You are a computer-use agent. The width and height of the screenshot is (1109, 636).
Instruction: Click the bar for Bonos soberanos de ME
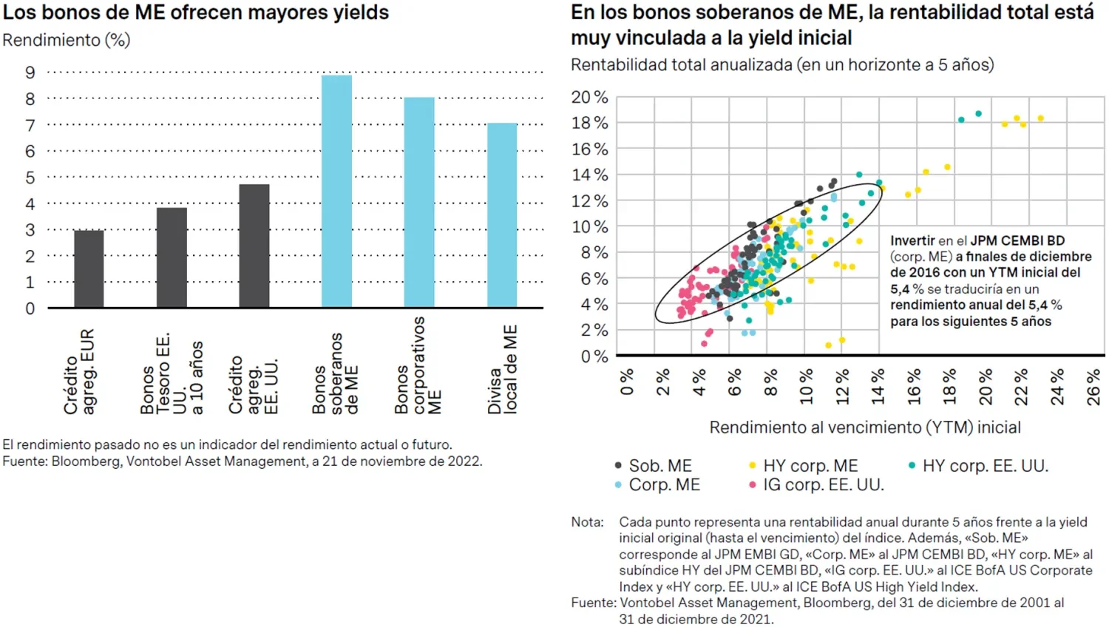pos(336,192)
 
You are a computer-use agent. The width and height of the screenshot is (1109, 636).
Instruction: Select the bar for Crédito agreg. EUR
pos(89,269)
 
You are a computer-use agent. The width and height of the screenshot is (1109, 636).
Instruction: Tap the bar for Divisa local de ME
pos(502,215)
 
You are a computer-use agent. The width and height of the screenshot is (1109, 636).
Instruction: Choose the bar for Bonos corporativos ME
pos(419,203)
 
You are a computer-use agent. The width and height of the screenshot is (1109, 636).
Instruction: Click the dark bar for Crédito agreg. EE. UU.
pos(254,246)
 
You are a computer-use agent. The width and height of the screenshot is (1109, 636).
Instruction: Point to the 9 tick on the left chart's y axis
pos(30,72)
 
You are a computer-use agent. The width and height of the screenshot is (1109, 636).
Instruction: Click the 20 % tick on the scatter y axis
pos(589,97)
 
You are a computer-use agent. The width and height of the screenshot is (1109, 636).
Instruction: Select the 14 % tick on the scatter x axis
pos(878,387)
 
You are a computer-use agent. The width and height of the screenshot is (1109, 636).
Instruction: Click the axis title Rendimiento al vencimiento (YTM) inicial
pos(865,427)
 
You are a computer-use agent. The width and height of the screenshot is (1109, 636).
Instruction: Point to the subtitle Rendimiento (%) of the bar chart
pos(67,40)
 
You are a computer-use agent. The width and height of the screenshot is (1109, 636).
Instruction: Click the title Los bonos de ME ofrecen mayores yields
pos(196,13)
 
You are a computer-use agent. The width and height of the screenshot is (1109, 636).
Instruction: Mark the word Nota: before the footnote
pos(587,522)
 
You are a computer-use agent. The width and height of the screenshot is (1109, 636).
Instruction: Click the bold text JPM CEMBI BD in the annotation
pos(1017,240)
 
